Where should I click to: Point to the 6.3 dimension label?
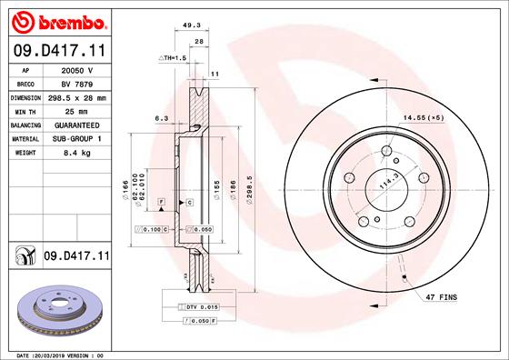(x=162, y=117)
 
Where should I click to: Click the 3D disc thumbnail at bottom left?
(x=57, y=308)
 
